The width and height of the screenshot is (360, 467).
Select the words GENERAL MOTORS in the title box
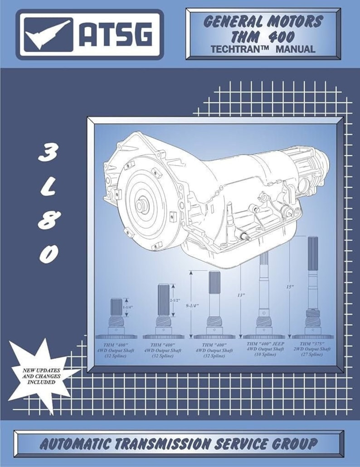tap(263, 21)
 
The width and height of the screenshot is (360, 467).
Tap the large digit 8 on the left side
tap(48, 221)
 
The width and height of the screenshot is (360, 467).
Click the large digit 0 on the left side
tap(48, 255)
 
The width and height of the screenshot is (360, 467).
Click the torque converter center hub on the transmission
tap(142, 204)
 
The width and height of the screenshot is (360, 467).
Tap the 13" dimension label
tap(240, 295)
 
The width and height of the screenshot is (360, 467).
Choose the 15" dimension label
tap(290, 286)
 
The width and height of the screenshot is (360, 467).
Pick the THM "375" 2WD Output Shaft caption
tap(312, 349)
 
